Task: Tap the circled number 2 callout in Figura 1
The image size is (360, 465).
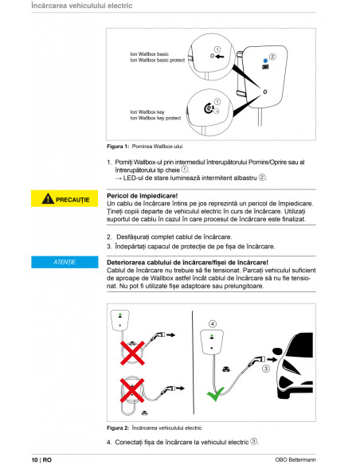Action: pos(272,57)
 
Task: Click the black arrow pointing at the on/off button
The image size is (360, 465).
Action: pos(219,57)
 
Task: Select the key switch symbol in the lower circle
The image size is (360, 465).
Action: pos(209,107)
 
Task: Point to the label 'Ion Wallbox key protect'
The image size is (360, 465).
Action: pos(155,118)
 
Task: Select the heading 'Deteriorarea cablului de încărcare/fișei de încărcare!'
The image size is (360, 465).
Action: pos(187,262)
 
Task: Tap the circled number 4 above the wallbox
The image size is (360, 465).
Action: pos(212,323)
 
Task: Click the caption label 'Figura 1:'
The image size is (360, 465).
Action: pos(117,147)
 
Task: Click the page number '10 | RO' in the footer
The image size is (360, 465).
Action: pos(42,459)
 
